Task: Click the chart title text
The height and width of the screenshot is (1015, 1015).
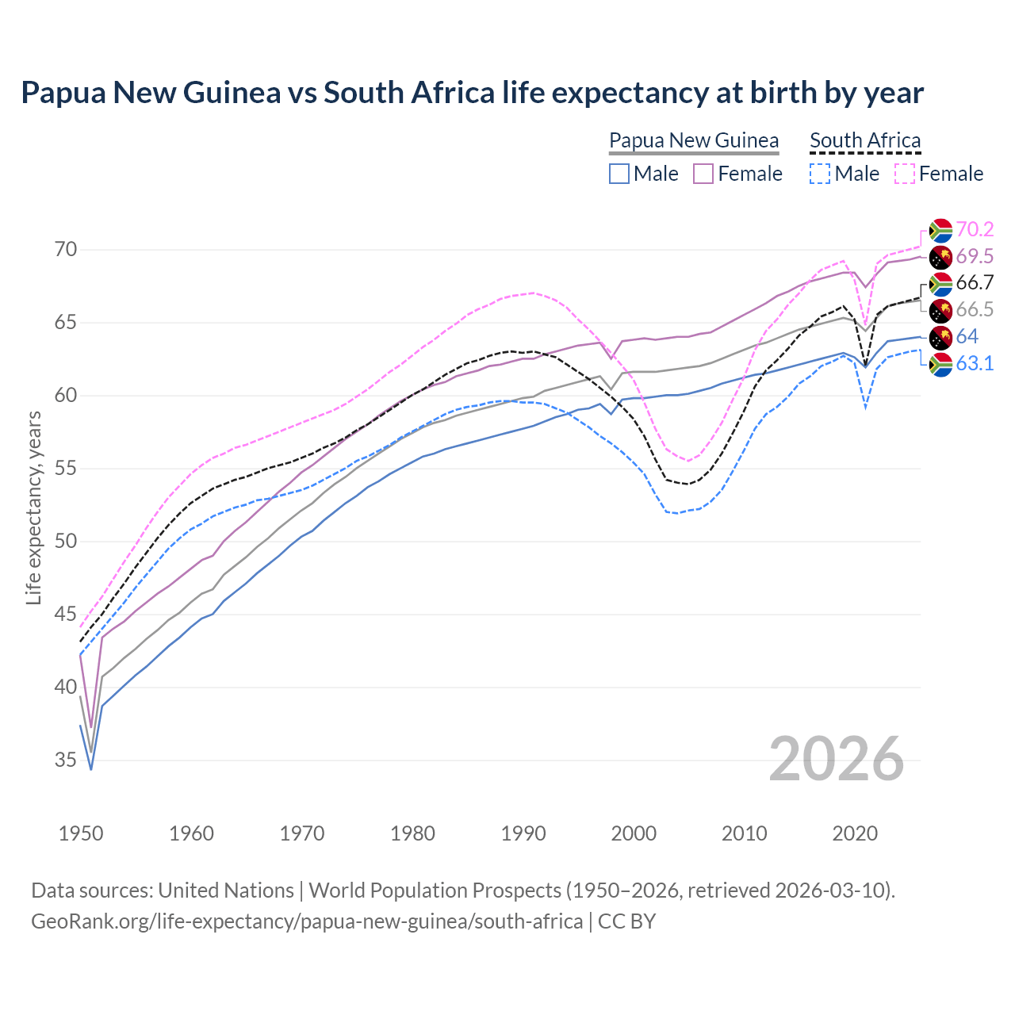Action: coord(472,93)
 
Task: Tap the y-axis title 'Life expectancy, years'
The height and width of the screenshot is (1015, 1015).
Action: coord(33,507)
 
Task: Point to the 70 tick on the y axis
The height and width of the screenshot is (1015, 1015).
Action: coord(66,250)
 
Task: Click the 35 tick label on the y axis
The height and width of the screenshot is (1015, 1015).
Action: coord(66,760)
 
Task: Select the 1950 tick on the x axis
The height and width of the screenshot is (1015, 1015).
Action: coord(81,833)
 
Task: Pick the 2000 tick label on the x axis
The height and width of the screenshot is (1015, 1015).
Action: coord(634,833)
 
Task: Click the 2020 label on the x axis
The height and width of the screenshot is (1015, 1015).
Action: coord(855,833)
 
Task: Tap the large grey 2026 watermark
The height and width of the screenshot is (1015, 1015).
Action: coord(837,760)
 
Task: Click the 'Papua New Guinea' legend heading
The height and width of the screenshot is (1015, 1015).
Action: coord(694,141)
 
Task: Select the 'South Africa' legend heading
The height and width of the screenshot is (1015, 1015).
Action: coord(865,141)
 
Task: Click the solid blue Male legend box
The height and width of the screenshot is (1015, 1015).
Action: coord(619,174)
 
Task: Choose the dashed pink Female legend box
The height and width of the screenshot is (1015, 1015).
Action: coord(904,174)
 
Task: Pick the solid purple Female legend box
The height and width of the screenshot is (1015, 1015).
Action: coord(703,174)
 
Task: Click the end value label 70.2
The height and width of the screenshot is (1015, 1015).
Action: coord(975,230)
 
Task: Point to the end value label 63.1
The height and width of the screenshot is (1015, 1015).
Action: coord(975,364)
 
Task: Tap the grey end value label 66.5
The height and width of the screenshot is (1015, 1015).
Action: coord(975,310)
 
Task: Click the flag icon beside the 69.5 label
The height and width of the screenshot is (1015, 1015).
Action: coord(940,257)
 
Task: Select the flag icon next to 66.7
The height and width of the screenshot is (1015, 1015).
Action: coord(940,284)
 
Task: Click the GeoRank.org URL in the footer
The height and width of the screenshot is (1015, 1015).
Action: coord(307,921)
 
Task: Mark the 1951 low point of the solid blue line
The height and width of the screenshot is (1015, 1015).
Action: coord(91,769)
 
